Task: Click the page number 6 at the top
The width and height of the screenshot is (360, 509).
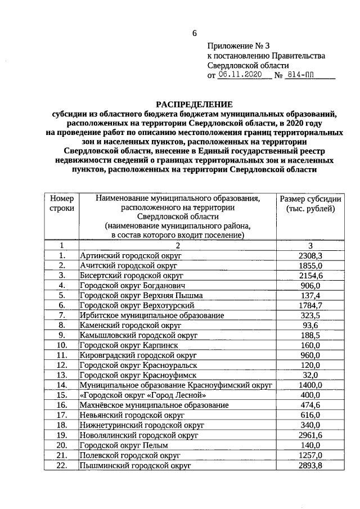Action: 195,33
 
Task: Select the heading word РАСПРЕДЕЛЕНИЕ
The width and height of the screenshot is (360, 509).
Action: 195,104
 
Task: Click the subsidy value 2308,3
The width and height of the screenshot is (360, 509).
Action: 310,255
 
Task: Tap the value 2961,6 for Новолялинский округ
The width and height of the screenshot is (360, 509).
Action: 310,435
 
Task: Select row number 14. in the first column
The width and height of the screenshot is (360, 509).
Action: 62,385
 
